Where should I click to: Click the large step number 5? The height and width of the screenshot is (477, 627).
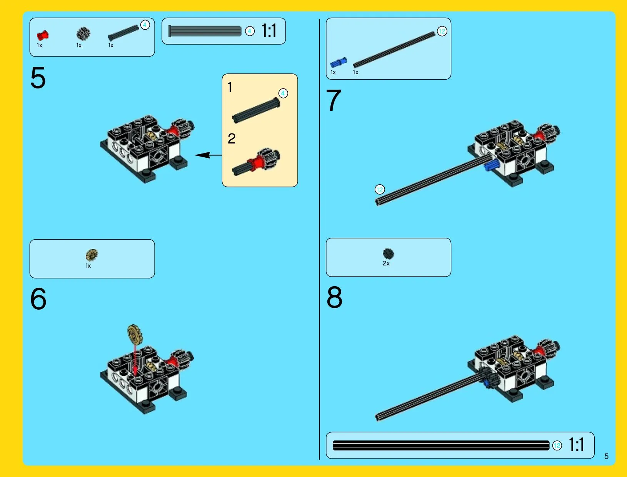tap(38, 77)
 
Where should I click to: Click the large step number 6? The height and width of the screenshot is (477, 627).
tap(38, 299)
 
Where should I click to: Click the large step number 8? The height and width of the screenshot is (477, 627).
tap(334, 297)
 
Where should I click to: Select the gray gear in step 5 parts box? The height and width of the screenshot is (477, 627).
tap(83, 34)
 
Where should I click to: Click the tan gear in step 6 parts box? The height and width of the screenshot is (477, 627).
tap(92, 255)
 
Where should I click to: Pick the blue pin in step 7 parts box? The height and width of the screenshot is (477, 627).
tap(339, 63)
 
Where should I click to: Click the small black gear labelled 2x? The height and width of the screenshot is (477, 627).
tap(388, 254)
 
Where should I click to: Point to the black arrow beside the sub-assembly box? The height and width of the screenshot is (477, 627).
tap(208, 155)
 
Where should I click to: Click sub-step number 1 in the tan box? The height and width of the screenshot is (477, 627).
tap(230, 87)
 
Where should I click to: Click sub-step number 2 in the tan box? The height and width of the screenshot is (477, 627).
tap(232, 138)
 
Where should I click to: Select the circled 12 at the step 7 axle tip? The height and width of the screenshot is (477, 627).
tap(380, 189)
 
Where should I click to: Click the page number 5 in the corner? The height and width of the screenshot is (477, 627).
tap(606, 456)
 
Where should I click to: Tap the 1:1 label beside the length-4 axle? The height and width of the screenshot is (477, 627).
tap(269, 30)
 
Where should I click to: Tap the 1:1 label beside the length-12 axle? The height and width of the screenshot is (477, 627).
tap(577, 444)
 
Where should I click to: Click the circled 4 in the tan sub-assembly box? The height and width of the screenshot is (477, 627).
tap(283, 93)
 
